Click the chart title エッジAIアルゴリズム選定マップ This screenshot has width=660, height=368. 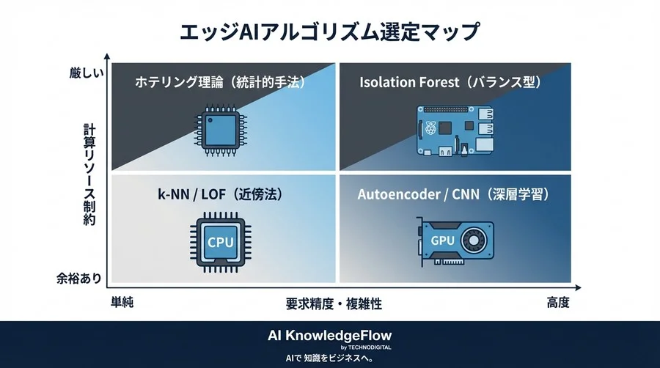pyautogui.click(x=329, y=32)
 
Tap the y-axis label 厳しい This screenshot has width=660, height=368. pyautogui.click(x=87, y=73)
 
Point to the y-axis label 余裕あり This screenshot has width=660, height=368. pyautogui.click(x=79, y=278)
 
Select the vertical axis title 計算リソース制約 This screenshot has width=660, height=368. pyautogui.click(x=89, y=174)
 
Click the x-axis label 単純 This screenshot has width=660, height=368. pyautogui.click(x=122, y=302)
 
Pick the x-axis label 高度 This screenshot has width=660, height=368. pyautogui.click(x=558, y=302)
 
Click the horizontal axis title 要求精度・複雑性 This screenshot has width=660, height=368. pyautogui.click(x=334, y=303)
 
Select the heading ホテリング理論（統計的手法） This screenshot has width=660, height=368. pyautogui.click(x=220, y=82)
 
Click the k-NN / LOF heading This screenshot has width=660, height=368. pyautogui.click(x=221, y=194)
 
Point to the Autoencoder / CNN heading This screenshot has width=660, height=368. pyautogui.click(x=454, y=194)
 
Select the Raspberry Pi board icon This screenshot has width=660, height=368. pyautogui.click(x=455, y=130)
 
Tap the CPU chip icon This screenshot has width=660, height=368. pyautogui.click(x=221, y=242)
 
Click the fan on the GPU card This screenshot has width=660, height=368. pyautogui.click(x=474, y=240)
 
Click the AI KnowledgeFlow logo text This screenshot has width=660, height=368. pyautogui.click(x=329, y=336)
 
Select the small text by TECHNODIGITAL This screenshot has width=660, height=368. pyautogui.click(x=366, y=347)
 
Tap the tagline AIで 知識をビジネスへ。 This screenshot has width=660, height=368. pyautogui.click(x=329, y=358)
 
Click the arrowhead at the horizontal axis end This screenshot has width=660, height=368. pyautogui.click(x=578, y=287)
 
